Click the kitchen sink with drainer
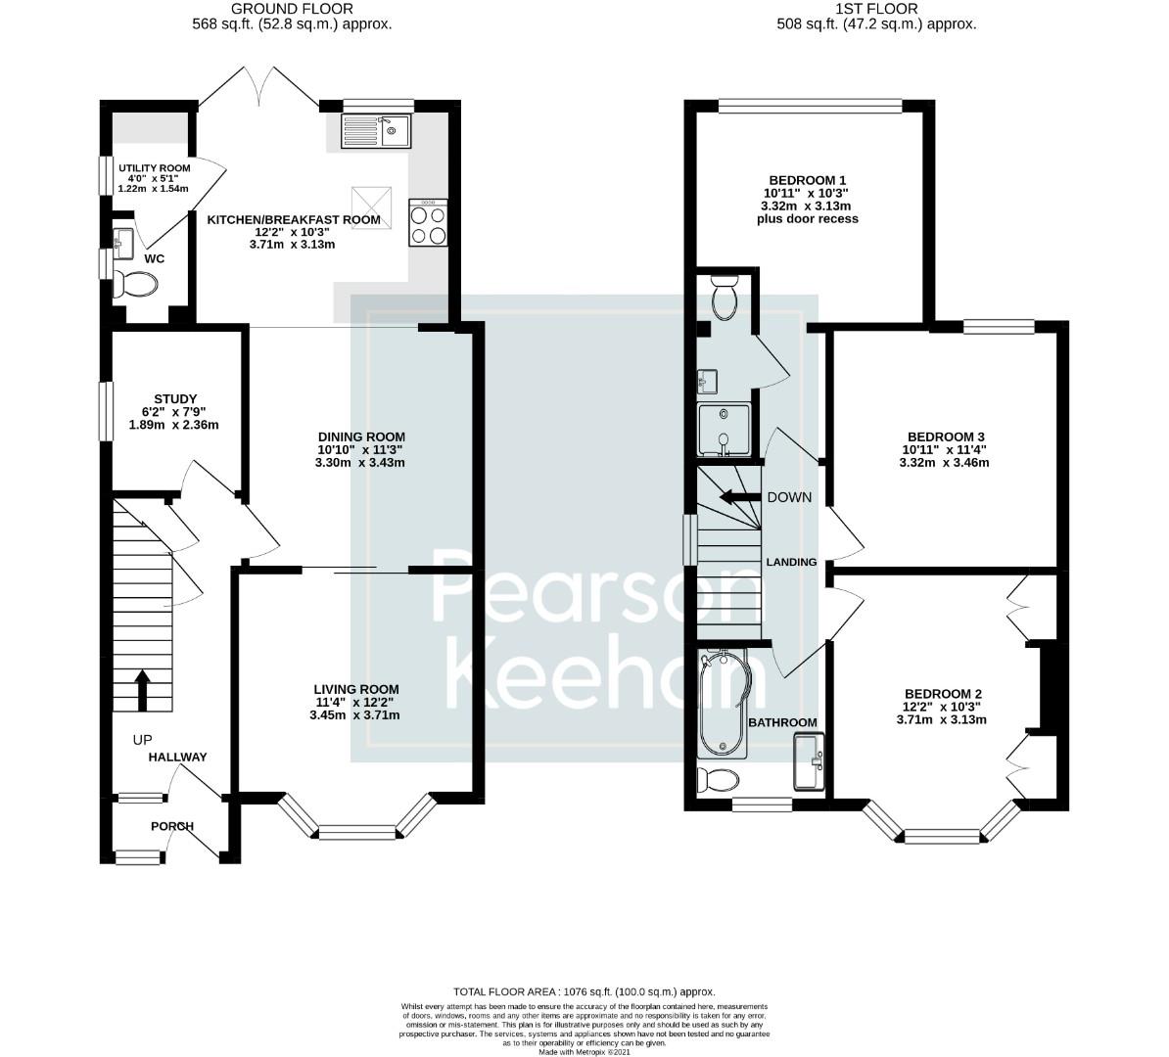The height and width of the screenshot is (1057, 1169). point(376,131)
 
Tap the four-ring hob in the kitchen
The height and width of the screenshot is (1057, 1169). point(428,224)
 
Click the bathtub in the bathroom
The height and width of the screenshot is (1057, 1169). point(723,704)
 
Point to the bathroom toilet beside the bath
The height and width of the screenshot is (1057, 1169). point(718,781)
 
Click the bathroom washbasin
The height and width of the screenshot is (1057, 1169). point(811,761)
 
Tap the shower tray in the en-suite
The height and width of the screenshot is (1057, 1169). point(724,431)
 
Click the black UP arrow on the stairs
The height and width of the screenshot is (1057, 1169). point(142,690)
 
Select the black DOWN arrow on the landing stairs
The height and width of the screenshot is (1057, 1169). point(738,497)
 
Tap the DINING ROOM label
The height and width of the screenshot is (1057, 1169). point(360,437)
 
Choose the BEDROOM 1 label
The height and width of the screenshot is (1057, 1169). point(807,180)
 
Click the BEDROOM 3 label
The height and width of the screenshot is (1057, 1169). point(945,437)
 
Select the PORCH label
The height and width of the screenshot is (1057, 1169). point(172,826)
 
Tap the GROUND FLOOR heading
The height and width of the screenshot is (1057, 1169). point(292,10)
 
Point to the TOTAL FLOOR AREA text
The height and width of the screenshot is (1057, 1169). point(584,991)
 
